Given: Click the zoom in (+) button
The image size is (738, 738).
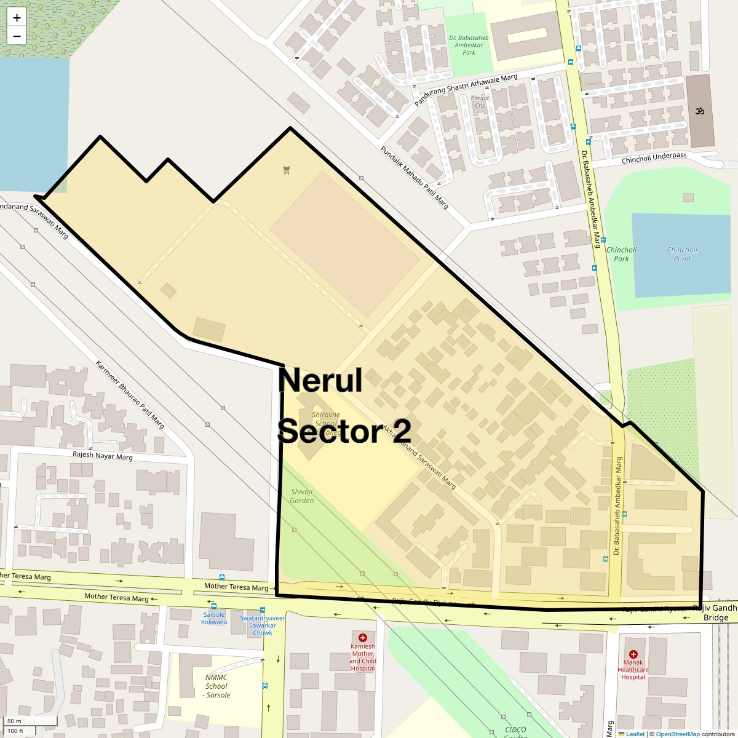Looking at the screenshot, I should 17,18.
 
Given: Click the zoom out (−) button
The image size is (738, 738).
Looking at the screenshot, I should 17,36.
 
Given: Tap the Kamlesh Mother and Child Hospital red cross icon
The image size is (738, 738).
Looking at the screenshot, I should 363,638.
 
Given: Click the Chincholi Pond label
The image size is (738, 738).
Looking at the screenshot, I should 681,254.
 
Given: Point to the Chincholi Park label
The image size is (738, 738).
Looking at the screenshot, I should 621,254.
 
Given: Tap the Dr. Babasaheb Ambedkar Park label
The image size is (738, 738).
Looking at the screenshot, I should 469,45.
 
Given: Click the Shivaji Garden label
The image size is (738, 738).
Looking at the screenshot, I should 303,496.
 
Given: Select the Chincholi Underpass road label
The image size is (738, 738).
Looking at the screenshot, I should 654,158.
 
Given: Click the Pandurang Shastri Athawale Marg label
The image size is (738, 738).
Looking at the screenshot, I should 466,90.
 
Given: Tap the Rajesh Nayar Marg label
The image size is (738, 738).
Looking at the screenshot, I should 103,456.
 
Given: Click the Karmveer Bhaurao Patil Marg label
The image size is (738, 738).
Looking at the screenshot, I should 130,394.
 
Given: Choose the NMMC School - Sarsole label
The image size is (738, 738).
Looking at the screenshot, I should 216,686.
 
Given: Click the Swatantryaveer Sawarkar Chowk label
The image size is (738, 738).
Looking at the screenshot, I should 263,625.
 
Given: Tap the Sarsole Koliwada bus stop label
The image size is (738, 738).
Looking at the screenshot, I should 214,618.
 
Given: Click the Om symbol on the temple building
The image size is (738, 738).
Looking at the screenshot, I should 698,111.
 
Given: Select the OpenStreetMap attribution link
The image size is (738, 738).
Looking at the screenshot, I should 677,734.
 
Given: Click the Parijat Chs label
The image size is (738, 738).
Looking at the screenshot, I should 480,101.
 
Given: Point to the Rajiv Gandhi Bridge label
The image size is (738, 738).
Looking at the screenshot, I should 715,613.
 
